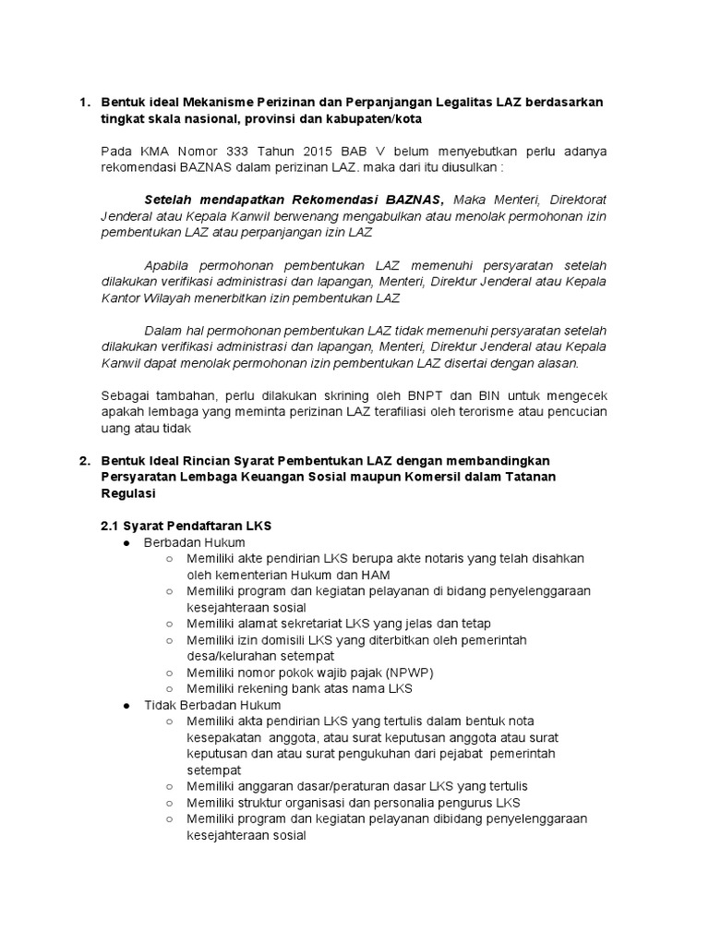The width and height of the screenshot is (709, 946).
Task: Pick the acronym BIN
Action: click(x=469, y=395)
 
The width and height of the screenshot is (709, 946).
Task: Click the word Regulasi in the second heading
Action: click(x=131, y=494)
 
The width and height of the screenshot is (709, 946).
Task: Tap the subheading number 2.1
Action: click(x=111, y=526)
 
